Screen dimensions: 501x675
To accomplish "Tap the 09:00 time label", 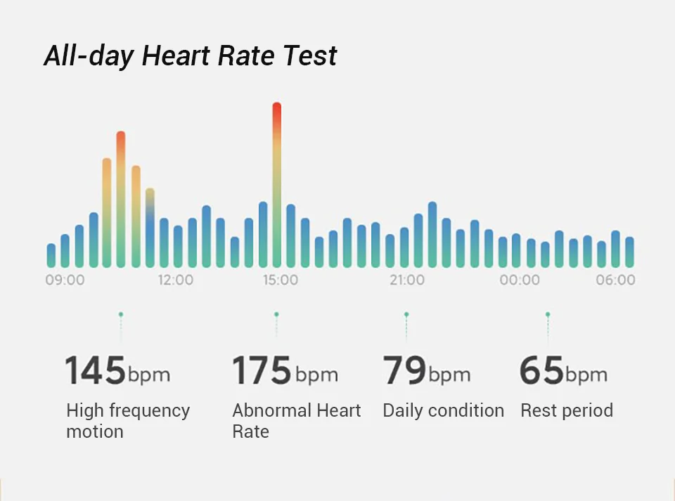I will click(x=65, y=280).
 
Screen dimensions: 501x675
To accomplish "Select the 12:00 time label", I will click(x=175, y=280).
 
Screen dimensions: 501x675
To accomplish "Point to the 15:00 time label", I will click(x=280, y=280).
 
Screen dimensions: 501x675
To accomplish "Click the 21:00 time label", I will click(x=407, y=280).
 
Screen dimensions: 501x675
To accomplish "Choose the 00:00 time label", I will click(x=520, y=280).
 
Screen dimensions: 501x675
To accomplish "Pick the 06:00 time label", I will click(x=615, y=280).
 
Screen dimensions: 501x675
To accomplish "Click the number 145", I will click(x=95, y=371).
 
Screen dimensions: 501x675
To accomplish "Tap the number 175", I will click(x=262, y=371).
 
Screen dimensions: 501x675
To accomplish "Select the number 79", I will click(x=404, y=371).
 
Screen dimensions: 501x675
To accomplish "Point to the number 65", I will click(x=541, y=371).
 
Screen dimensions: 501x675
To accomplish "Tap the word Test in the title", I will click(x=310, y=56).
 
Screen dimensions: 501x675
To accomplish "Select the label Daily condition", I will click(x=443, y=411).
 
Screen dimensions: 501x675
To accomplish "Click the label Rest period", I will click(x=566, y=411).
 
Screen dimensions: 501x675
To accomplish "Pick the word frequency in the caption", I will click(x=148, y=411).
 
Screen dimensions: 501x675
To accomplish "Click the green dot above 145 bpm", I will click(x=121, y=315).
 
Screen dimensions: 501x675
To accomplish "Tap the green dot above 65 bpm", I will click(x=548, y=315).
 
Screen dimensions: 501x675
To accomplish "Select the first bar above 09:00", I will click(x=51, y=256).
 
